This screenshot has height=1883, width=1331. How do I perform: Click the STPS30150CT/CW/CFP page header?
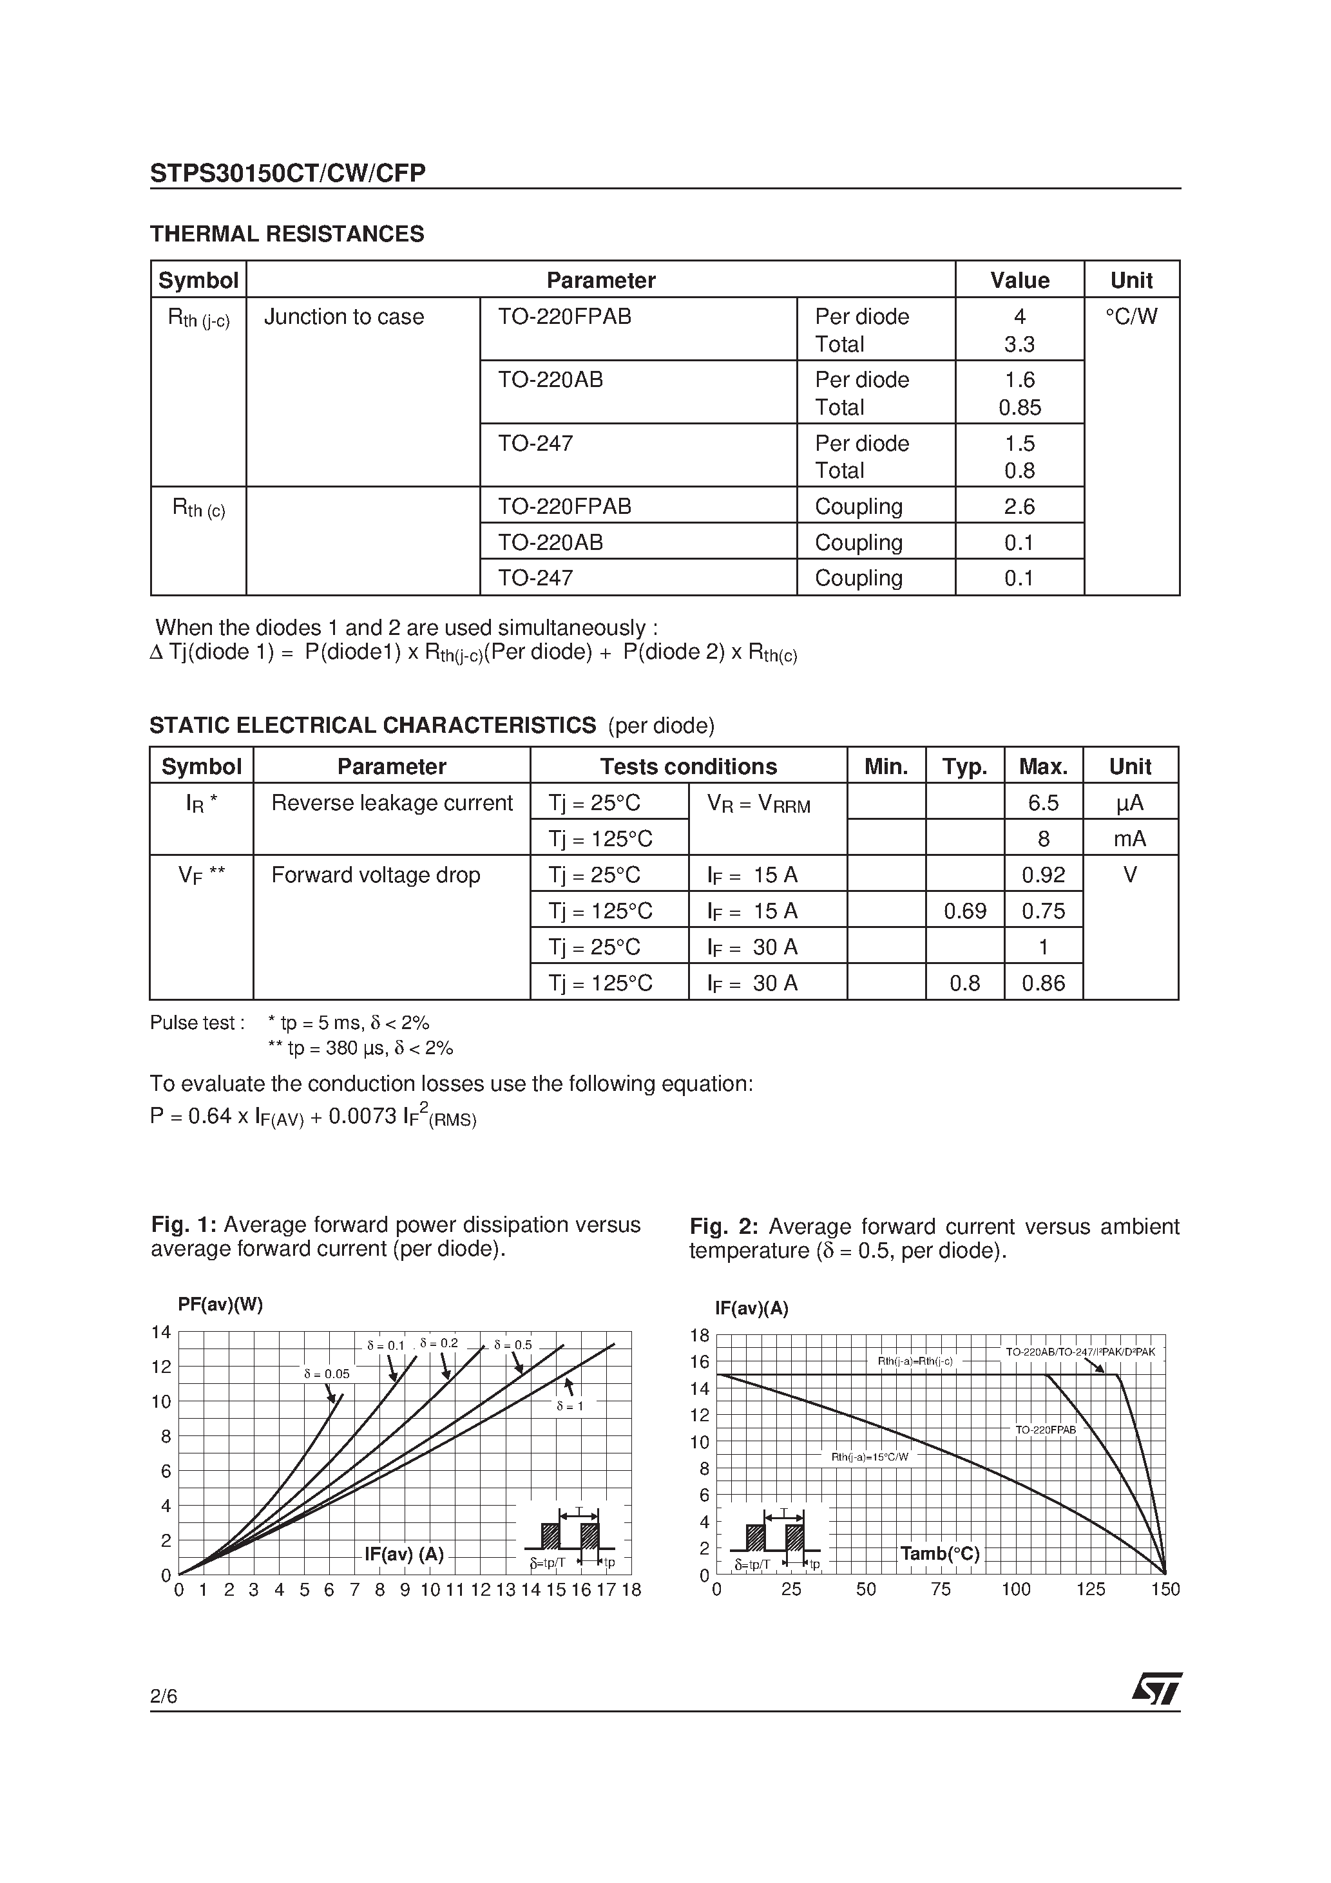pos(287,173)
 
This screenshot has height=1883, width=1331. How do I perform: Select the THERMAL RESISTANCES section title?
pos(287,234)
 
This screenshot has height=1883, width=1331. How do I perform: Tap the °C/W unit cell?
pos(1131,317)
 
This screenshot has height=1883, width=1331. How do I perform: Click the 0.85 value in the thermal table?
pos(1019,408)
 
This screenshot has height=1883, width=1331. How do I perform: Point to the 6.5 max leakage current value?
pos(1043,803)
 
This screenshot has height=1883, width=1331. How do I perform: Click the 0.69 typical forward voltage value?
pos(964,911)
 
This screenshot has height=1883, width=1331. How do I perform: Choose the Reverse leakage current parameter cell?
pos(392,803)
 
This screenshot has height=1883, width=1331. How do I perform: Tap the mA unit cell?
pos(1130,839)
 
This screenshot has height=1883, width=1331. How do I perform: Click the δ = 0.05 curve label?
pos(326,1374)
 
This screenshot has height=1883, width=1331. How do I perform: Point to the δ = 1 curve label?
pos(570,1406)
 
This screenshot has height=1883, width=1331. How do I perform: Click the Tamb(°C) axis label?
pos(939,1554)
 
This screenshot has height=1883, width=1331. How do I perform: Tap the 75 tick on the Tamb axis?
pos(941,1589)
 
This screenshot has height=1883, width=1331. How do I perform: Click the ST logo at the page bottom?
pos(1157,1689)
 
